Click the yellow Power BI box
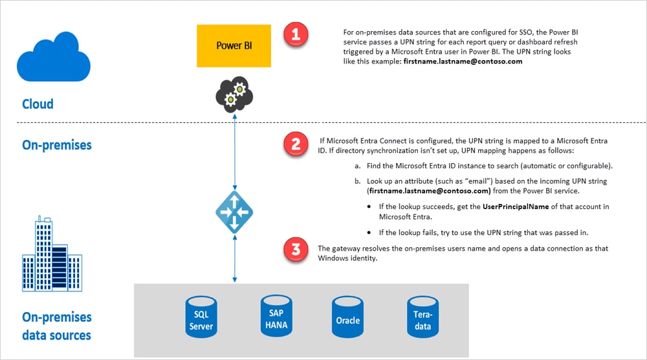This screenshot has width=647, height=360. tap(234, 46)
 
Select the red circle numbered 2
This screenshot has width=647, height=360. tap(296, 144)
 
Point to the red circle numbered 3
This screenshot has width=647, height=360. tap(296, 250)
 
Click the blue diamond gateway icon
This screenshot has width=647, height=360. tap(234, 212)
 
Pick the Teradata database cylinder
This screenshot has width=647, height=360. tap(422, 315)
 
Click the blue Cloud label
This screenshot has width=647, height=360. tap(38, 104)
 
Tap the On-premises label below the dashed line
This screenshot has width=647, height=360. tap(57, 144)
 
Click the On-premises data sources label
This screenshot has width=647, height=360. tap(57, 326)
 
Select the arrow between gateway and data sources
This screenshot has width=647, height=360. tap(234, 258)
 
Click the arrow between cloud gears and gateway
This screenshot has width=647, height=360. tap(234, 155)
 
